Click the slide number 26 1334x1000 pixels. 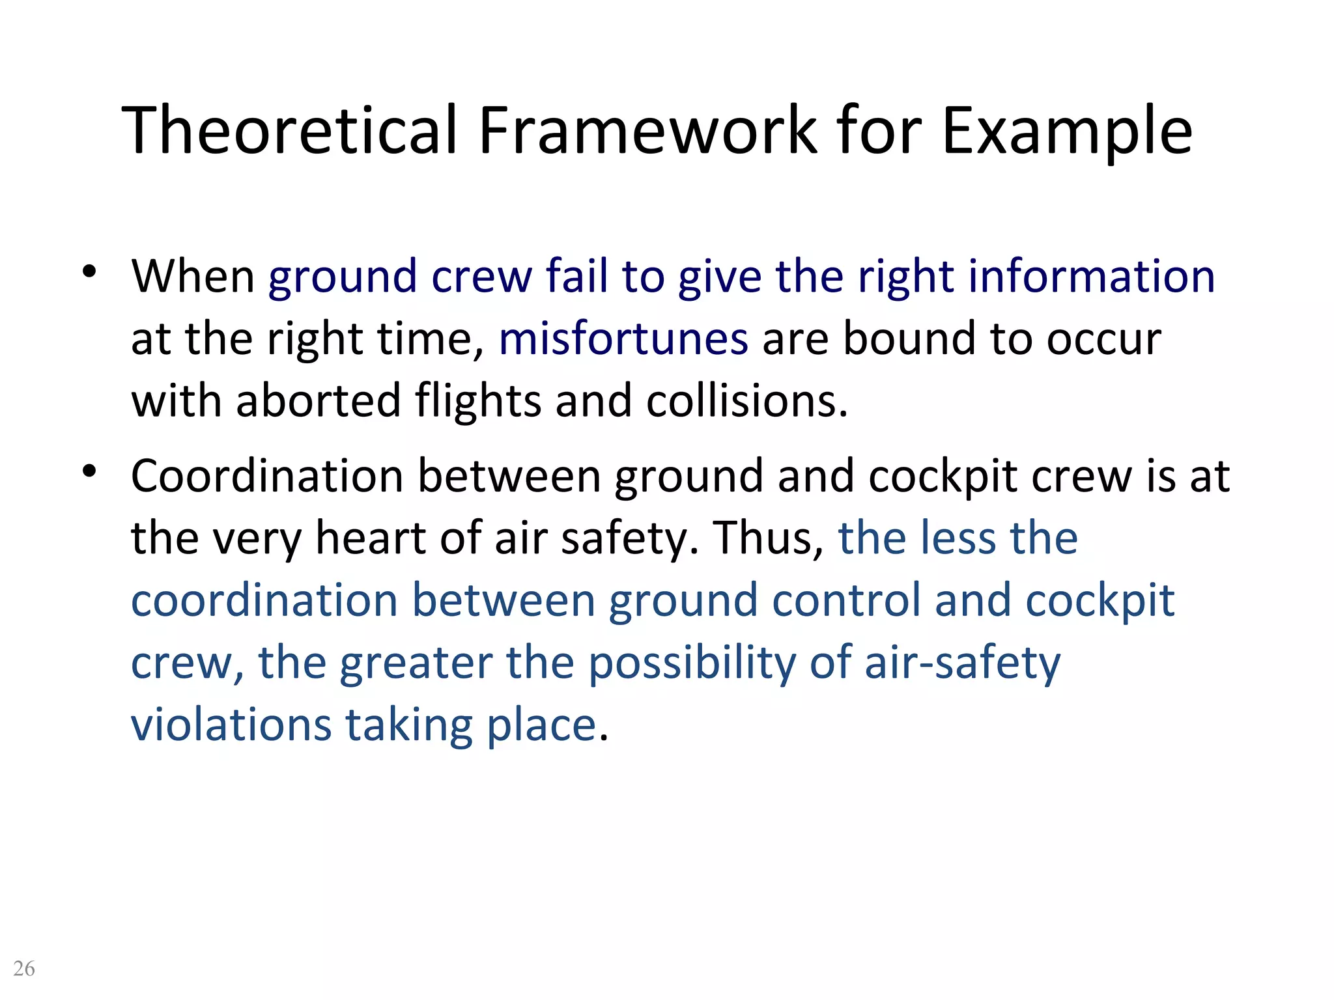24,968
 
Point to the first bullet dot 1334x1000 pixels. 89,271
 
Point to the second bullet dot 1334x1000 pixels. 89,471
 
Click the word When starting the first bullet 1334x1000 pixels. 193,277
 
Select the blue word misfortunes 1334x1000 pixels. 623,339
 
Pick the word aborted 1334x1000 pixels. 318,401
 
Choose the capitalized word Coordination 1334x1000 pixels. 267,476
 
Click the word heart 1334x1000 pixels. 371,538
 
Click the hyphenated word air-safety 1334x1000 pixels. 962,664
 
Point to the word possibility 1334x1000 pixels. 692,664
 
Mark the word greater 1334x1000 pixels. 416,664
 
